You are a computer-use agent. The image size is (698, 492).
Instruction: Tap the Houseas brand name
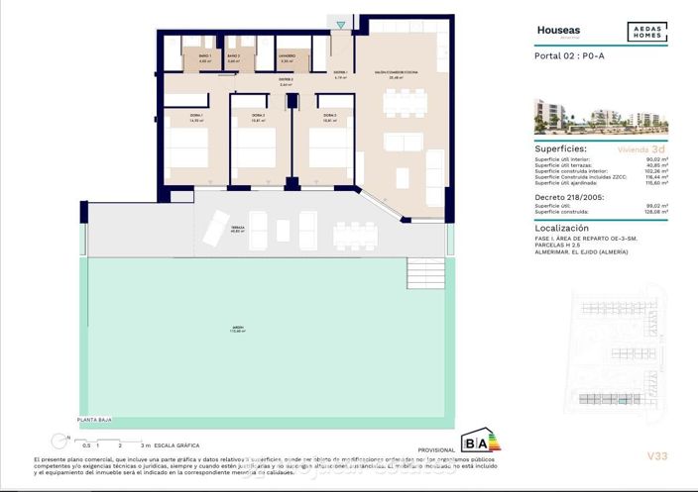click(x=558, y=31)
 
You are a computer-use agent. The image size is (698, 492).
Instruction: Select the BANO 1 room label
click(x=204, y=57)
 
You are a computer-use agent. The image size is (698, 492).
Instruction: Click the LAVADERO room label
click(x=287, y=57)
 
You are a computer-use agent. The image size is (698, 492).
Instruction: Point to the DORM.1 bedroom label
click(x=195, y=118)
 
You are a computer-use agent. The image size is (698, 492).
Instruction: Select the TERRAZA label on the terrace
click(x=238, y=227)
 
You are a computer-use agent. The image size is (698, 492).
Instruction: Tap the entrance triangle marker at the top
click(x=342, y=24)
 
